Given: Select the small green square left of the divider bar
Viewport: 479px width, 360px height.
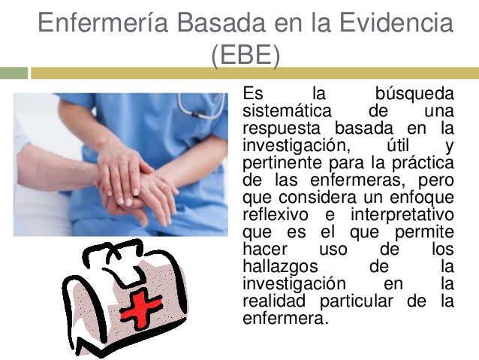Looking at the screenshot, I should click(x=14, y=73).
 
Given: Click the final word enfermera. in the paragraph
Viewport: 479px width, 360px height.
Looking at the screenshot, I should click(x=286, y=318).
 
